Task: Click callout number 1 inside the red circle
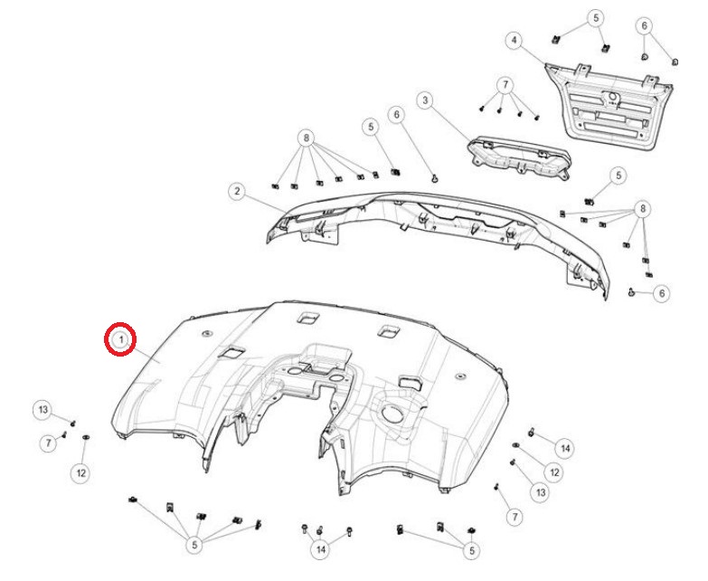click(x=120, y=338)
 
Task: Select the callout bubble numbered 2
click(x=237, y=191)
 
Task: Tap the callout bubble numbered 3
click(x=424, y=100)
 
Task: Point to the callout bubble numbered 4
click(x=514, y=41)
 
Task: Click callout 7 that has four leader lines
click(x=505, y=85)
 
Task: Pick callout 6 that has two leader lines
click(x=645, y=25)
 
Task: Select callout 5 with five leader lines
click(x=194, y=545)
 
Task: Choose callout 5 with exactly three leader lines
click(x=472, y=550)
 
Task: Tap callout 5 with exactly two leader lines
click(x=596, y=18)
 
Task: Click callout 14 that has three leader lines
click(x=321, y=549)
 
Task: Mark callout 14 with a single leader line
click(x=565, y=449)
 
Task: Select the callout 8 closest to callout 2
click(x=307, y=138)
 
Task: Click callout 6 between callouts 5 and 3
click(x=396, y=115)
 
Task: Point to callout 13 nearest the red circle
click(x=42, y=410)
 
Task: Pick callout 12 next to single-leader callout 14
click(x=554, y=472)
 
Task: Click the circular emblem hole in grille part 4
click(x=613, y=97)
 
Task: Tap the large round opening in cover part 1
click(x=392, y=413)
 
